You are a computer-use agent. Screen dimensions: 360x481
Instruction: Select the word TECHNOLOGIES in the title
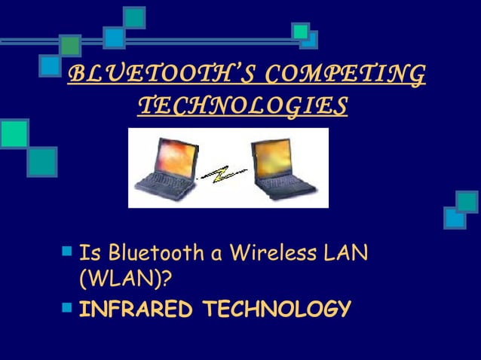pyautogui.click(x=243, y=106)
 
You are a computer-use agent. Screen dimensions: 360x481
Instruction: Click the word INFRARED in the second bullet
pyautogui.click(x=135, y=310)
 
